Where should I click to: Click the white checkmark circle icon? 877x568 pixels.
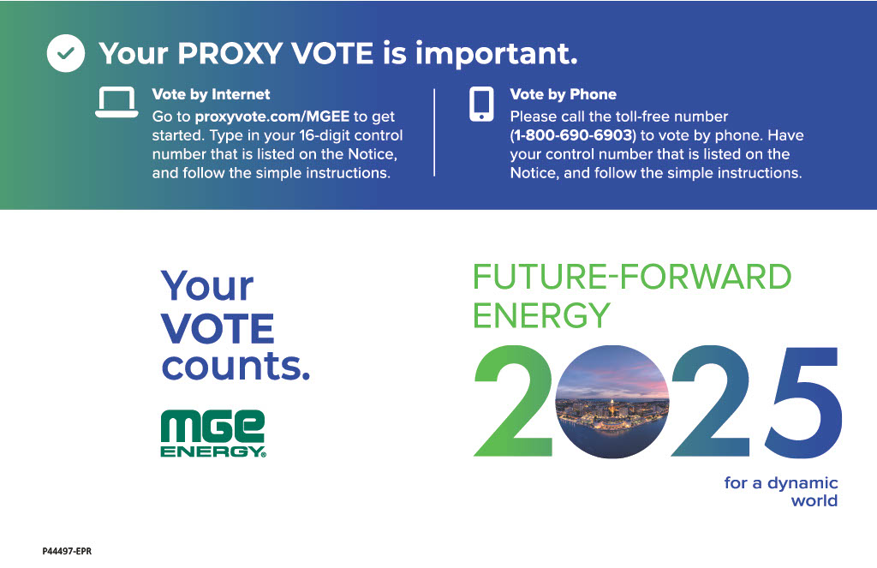[x=66, y=53]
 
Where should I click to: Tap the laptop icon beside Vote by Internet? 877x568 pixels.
[x=116, y=102]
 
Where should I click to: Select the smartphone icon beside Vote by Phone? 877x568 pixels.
[x=481, y=104]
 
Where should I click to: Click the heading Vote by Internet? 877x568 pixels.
[x=211, y=94]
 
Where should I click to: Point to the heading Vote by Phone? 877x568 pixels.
[x=564, y=94]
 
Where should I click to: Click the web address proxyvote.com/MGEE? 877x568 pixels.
[x=271, y=117]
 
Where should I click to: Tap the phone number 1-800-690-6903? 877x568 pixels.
[x=573, y=135]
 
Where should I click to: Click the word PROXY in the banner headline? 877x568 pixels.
[x=230, y=54]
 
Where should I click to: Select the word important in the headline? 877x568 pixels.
[x=496, y=54]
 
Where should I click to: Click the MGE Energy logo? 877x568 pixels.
[x=213, y=433]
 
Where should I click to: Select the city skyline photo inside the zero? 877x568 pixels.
[x=612, y=402]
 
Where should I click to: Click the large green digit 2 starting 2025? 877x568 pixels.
[x=514, y=401]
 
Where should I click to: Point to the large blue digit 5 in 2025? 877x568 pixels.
[x=803, y=402]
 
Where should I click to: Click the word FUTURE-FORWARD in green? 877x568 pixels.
[x=632, y=277]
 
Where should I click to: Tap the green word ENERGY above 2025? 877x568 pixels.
[x=541, y=315]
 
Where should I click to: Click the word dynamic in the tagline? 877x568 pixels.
[x=802, y=483]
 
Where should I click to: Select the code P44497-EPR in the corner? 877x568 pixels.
[x=67, y=551]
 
